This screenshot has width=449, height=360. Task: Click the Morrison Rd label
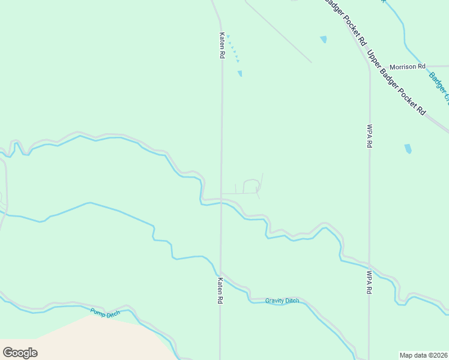[x=407, y=67]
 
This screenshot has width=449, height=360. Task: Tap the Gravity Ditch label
[x=282, y=301]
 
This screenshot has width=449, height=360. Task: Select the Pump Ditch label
[x=105, y=312]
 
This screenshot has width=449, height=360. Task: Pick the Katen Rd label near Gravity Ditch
[x=220, y=290]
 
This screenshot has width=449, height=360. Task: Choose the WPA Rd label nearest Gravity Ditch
[x=369, y=281]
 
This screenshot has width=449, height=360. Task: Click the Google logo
[x=20, y=352]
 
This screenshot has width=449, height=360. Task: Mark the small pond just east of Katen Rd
[x=240, y=74]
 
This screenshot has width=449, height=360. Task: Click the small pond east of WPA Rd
[x=408, y=148]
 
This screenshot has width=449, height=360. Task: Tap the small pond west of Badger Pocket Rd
[x=324, y=40]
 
